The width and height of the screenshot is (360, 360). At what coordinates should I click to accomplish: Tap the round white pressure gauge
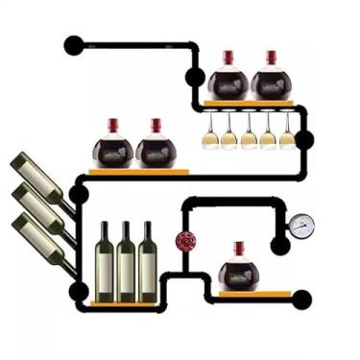point(301,225)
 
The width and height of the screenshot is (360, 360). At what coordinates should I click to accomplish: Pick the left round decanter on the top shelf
point(228,81)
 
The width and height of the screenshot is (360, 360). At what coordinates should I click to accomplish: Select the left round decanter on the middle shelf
point(112,150)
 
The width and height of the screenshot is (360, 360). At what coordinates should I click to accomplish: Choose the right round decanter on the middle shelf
point(156,150)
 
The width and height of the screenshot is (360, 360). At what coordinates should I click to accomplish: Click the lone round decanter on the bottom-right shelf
point(237,273)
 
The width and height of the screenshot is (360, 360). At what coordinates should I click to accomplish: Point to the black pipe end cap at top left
point(73,44)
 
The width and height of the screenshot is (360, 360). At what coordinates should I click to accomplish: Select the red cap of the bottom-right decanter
point(238,249)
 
